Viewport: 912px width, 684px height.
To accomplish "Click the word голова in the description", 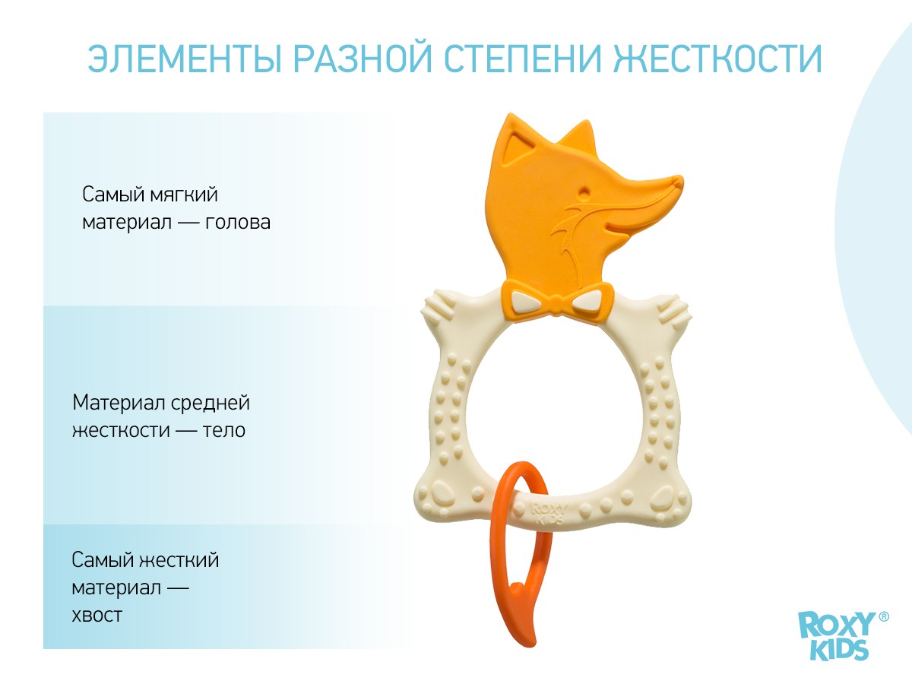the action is click(238, 223).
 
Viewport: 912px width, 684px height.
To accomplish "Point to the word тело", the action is click(224, 430).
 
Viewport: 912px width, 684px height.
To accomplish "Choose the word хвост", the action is click(97, 615).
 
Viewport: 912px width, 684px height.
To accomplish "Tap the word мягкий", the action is click(183, 195).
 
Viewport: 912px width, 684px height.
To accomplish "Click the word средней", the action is click(211, 404).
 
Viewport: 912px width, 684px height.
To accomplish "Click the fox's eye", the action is click(584, 192).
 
